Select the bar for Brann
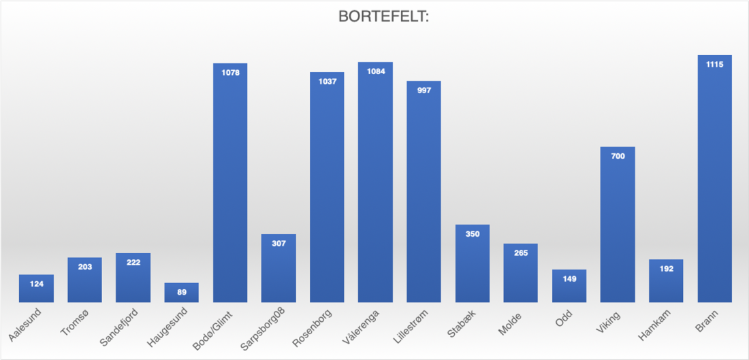coord(714,184)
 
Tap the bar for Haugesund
coord(181,294)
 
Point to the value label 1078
coord(230,71)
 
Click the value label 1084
coord(375,70)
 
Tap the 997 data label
coord(424,90)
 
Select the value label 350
coord(473,233)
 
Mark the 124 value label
coord(37,283)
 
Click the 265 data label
coord(521,252)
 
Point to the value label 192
coord(666,268)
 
